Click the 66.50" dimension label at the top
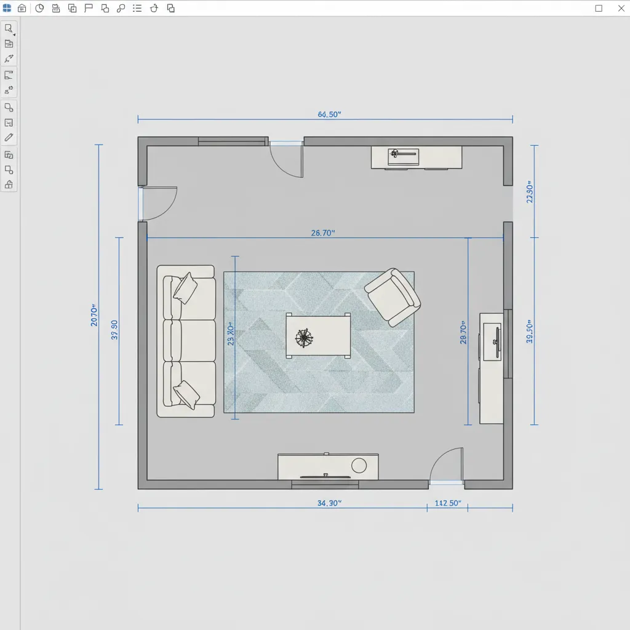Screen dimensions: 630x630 pos(329,114)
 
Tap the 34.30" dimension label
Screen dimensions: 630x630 pos(329,503)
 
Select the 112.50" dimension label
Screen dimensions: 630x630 pos(448,503)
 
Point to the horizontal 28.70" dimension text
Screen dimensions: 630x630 pos(323,233)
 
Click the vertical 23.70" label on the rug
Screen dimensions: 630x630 pos(231,335)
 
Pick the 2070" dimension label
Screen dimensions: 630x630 pos(94,314)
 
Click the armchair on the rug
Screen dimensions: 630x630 pos(392,297)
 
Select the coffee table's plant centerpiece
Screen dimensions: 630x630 pos(304,337)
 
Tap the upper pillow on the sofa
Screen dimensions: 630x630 pos(185,287)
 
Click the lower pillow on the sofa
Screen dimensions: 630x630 pos(186,394)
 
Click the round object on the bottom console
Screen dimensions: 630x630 pos(359,465)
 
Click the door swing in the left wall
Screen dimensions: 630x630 pos(158,203)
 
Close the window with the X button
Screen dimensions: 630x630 pos(620,9)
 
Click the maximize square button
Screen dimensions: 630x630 pos(599,9)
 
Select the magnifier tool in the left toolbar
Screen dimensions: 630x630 pos(9,28)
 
